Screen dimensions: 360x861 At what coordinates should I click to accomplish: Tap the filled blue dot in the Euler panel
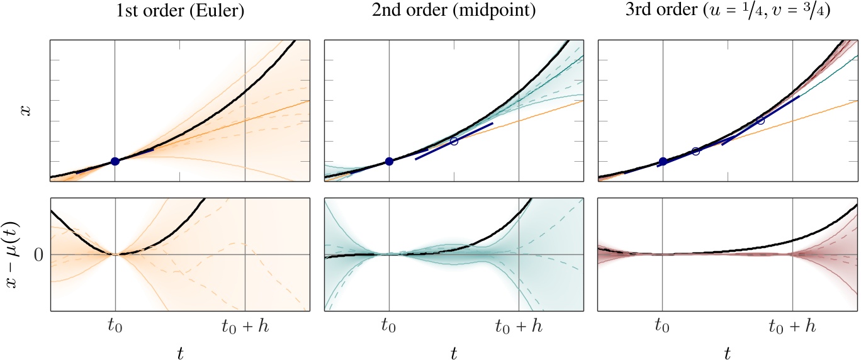115,161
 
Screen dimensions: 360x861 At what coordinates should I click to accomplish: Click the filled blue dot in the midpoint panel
389,161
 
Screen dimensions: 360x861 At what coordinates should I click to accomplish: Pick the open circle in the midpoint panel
454,141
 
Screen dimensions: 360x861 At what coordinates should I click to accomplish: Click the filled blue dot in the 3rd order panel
663,161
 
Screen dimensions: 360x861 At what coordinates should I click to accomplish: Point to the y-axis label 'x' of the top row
26,111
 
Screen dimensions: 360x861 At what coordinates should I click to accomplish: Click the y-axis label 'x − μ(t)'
26,254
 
